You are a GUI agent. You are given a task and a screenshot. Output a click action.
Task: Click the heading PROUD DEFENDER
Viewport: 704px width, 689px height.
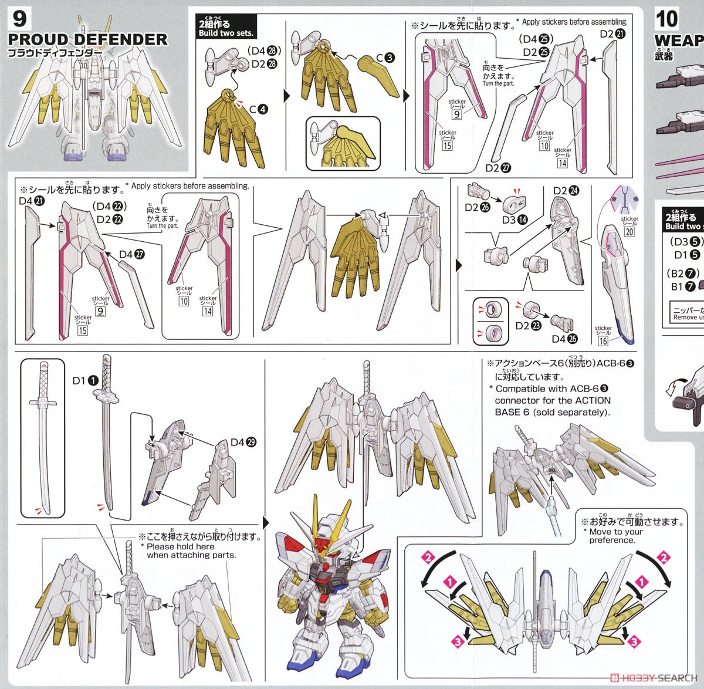(87, 40)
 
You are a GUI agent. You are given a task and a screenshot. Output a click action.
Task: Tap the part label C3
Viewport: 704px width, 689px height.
(385, 58)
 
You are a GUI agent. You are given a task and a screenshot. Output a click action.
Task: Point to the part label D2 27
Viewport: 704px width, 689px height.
(498, 168)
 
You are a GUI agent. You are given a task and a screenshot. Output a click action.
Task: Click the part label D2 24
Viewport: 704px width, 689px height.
(566, 191)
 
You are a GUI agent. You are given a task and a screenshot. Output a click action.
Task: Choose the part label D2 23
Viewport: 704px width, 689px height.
(528, 326)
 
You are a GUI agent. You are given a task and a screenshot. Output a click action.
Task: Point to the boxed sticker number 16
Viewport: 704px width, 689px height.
(603, 341)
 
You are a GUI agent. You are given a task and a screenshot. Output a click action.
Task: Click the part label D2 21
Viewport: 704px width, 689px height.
(613, 34)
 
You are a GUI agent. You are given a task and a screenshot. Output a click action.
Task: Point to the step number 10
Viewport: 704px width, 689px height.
(666, 19)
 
